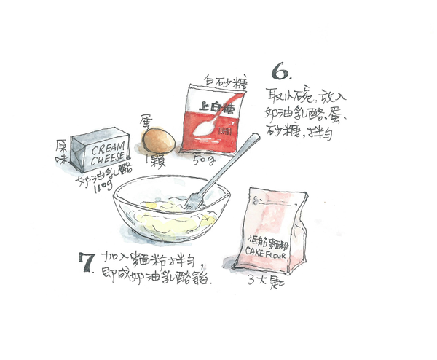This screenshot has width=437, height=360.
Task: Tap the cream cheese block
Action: [x=101, y=151]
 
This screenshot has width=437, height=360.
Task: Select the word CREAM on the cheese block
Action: [x=108, y=149]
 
